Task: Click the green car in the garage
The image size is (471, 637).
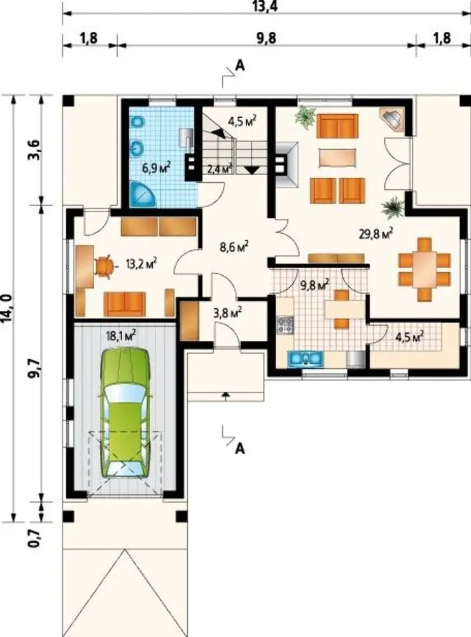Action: point(125,412)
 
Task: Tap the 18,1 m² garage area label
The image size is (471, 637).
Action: point(120,335)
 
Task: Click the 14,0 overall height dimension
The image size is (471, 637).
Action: point(8,309)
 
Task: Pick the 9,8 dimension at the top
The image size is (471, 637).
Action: point(266,39)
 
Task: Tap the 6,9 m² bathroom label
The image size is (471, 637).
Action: point(156,167)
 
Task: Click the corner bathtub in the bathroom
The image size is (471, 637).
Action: point(144,193)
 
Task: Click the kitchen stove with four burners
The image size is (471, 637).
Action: point(285,325)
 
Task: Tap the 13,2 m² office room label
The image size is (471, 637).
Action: point(141,264)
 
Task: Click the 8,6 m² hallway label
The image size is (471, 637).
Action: point(234,247)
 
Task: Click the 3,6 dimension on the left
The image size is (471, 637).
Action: point(34,150)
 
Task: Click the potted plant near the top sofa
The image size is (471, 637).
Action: point(306,117)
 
